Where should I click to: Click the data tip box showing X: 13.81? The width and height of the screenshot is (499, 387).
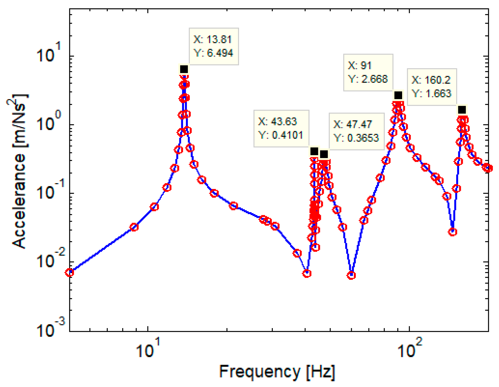click(x=213, y=46)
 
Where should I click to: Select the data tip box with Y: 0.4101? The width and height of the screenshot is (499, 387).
click(x=281, y=128)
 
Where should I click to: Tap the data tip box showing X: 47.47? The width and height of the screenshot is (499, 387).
click(x=356, y=131)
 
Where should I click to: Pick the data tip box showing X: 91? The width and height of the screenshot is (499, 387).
click(x=368, y=72)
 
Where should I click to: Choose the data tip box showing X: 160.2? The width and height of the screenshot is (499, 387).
click(x=432, y=87)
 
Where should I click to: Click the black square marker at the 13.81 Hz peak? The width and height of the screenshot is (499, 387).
click(x=184, y=69)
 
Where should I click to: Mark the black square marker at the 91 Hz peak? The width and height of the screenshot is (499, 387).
click(x=398, y=95)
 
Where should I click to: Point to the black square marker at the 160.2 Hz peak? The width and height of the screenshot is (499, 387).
click(x=462, y=110)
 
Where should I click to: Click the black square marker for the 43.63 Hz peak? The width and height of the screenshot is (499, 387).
click(x=314, y=151)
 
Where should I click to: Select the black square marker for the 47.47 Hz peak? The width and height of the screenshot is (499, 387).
click(x=324, y=154)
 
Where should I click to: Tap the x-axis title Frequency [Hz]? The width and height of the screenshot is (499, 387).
click(x=277, y=372)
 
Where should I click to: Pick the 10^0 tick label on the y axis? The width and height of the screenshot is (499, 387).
click(x=51, y=123)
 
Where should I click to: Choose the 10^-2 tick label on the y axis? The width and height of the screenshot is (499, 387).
click(x=51, y=261)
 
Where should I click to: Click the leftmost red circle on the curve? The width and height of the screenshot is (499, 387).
click(x=69, y=272)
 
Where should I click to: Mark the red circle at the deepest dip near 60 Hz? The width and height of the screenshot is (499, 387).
click(x=351, y=275)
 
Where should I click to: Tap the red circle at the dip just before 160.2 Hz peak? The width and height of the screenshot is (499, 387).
click(x=452, y=232)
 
